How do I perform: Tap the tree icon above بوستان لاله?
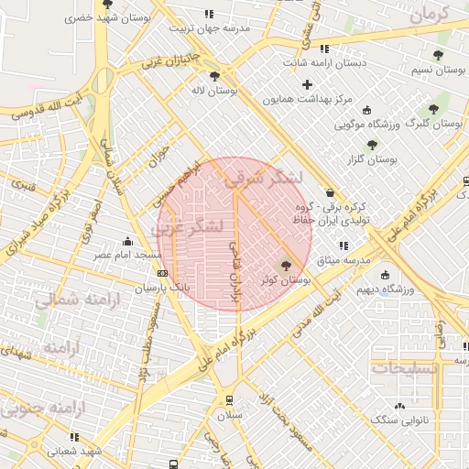tap(214, 76)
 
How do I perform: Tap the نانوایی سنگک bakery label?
tap(398, 419)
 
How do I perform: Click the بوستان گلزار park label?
tap(371, 159)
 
